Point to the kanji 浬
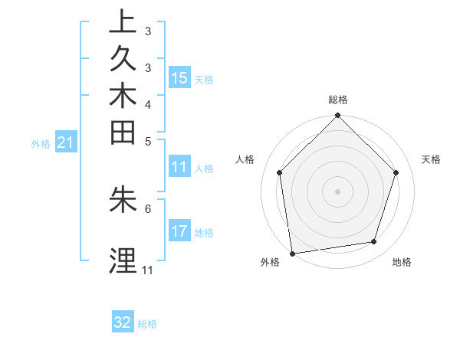123,261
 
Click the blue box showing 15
179,78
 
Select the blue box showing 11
179,168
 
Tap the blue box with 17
179,231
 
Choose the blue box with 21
66,142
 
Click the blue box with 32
123,322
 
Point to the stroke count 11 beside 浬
147,270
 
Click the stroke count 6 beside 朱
147,208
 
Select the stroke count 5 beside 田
147,141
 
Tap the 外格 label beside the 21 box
41,142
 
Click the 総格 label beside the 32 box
147,324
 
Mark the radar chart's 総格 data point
337,116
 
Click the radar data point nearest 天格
396,172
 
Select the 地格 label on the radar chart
402,263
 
